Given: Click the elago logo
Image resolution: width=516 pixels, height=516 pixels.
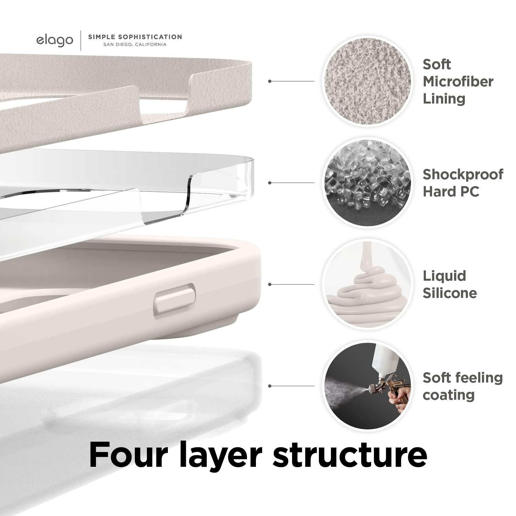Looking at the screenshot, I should (55, 40).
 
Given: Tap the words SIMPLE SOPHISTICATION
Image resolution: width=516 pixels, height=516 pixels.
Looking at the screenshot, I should (135, 37).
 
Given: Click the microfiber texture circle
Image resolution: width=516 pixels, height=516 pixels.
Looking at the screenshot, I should (367, 81).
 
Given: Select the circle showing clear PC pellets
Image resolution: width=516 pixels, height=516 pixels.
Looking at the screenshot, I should (367, 183).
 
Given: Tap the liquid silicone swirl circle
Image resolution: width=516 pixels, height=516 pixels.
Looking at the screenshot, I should (367, 284).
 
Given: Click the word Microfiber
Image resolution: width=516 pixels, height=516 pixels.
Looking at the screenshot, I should (458, 82).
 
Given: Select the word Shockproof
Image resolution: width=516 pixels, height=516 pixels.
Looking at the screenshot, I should (463, 174).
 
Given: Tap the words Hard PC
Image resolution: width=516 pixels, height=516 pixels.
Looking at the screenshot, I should (451, 192).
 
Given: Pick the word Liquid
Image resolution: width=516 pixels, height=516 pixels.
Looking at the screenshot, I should (444, 276).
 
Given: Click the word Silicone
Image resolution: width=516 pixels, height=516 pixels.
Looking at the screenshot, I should (450, 293).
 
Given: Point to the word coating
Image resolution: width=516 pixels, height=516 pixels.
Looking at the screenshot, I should (448, 395).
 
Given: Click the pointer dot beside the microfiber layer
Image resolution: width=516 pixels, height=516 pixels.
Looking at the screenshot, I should (270, 81).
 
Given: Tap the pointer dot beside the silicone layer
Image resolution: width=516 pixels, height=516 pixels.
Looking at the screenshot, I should (270, 284).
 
